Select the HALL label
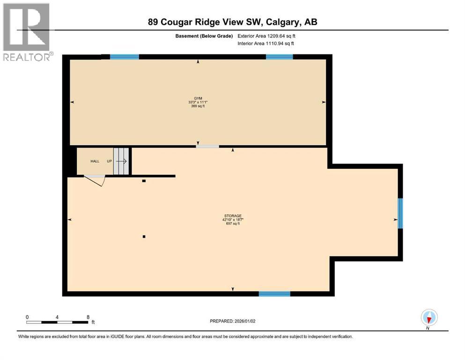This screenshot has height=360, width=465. tap(95, 161)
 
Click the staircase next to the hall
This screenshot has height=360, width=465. tap(121, 161)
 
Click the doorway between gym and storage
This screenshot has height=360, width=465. tap(207, 147)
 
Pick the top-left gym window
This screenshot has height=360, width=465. tap(125, 57)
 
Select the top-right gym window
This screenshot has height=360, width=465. tap(280, 57)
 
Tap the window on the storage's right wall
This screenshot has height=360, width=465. tap(400, 213)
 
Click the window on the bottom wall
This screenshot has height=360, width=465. tap(274, 294)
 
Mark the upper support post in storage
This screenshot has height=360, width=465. tap(144, 181)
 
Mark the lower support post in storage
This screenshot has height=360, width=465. tap(144, 237)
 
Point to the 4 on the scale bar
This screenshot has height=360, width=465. tap(57, 317)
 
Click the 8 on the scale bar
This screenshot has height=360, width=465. tap(88, 317)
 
